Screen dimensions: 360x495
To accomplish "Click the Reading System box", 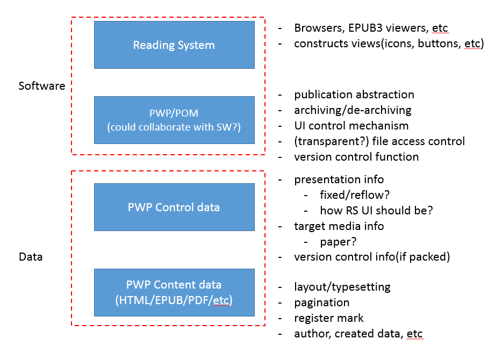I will click(x=174, y=45).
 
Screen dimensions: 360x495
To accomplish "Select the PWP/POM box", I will click(x=174, y=120).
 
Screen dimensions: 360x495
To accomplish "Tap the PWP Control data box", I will click(x=174, y=207).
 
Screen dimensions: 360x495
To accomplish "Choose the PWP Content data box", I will click(x=174, y=292).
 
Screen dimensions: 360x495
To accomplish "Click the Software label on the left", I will click(x=41, y=86).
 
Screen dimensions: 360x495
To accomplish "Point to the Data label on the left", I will click(x=31, y=257).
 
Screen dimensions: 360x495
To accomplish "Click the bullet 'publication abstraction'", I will click(x=354, y=95).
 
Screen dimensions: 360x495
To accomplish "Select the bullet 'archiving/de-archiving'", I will click(x=353, y=110).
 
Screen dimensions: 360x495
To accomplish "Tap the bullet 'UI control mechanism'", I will click(x=351, y=126).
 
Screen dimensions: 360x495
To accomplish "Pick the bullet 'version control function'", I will click(x=356, y=157).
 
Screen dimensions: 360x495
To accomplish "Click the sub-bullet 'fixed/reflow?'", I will click(x=354, y=195).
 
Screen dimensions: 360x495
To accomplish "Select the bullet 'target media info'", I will click(x=339, y=226).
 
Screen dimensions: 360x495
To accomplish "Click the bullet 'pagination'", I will click(x=321, y=303).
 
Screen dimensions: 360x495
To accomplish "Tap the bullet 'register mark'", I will click(x=328, y=318).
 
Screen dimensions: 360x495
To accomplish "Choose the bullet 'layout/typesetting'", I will click(x=342, y=287).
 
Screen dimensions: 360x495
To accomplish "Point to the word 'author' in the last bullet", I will click(x=312, y=334).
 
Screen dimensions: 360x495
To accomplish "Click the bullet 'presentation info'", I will click(x=339, y=179).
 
